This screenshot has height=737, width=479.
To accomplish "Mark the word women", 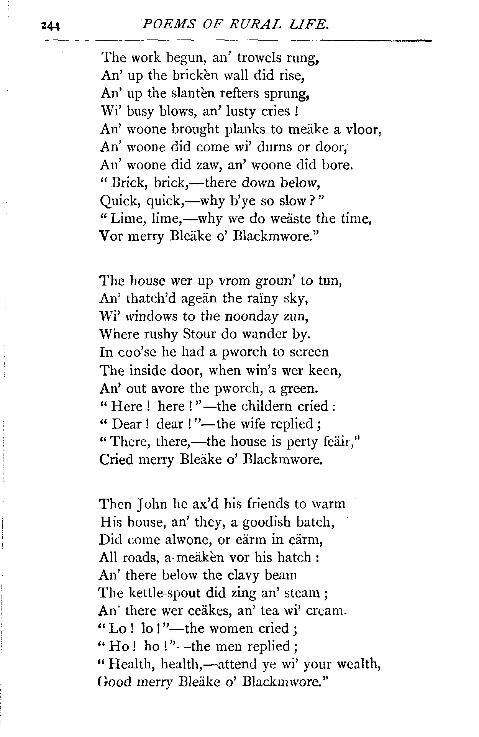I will tap(241, 629).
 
